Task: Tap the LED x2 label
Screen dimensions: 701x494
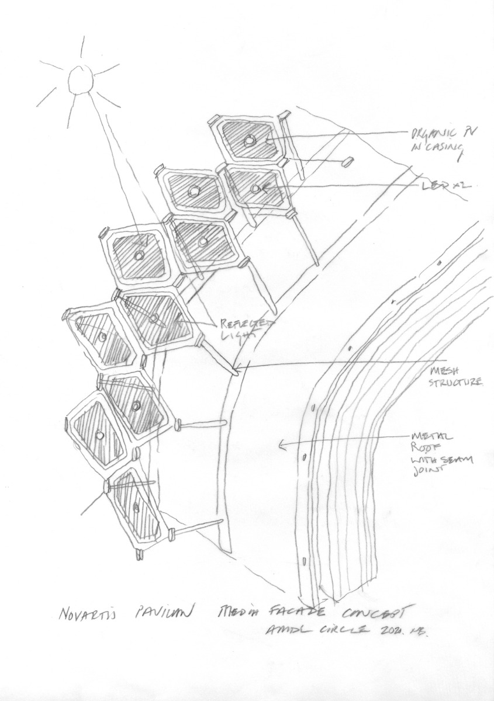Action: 447,185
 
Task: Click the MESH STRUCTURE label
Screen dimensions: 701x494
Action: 457,377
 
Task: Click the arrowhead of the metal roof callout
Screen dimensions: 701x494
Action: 281,446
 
